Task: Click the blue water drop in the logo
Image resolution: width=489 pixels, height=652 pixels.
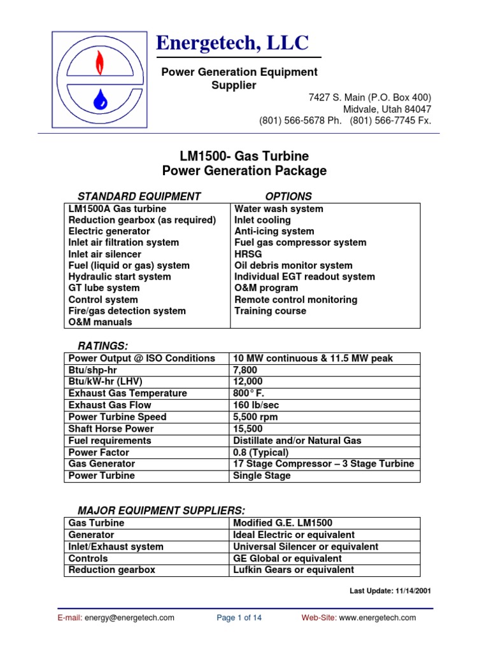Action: [x=99, y=98]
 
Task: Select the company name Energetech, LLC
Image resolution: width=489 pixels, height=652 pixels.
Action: [x=232, y=43]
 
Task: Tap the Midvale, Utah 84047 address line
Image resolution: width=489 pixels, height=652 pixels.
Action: [x=387, y=109]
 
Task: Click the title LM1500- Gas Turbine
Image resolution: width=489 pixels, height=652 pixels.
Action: [x=244, y=157]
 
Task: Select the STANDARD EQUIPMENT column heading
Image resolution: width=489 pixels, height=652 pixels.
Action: [x=139, y=197]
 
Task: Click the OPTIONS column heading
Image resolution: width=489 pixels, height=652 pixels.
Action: [x=288, y=197]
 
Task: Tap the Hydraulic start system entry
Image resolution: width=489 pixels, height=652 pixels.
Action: [x=120, y=277]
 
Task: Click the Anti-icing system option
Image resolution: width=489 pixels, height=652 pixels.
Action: [x=274, y=231]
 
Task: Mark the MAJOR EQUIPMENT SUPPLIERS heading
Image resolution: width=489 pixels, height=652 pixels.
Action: [x=161, y=511]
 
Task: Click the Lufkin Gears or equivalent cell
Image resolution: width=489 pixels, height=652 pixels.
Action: [x=294, y=570]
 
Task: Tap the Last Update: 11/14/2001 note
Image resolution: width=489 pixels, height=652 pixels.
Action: [x=390, y=591]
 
